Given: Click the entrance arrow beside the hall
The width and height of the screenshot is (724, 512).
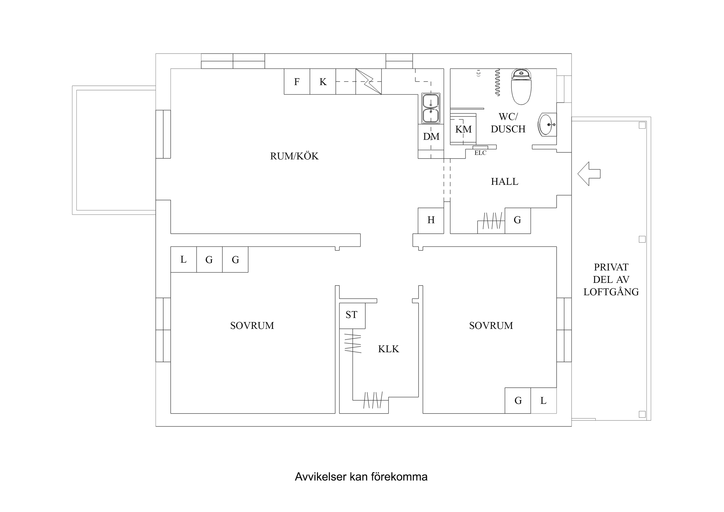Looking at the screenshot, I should (x=588, y=174).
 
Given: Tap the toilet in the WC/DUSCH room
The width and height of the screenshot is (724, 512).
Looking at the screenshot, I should (x=521, y=88).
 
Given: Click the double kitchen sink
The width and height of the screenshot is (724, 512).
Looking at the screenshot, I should (x=431, y=108).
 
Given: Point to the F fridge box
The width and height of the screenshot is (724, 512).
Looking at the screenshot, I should (x=297, y=81).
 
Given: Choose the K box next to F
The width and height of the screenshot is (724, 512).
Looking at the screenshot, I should (x=322, y=81).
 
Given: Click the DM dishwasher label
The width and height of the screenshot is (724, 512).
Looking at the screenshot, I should (x=431, y=136).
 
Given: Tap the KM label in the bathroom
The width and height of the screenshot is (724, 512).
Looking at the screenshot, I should (x=463, y=129).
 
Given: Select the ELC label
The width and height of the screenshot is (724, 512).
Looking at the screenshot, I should (x=480, y=153).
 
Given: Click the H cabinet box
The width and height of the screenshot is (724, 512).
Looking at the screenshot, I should (x=431, y=221).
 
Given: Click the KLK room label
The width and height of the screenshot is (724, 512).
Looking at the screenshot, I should (x=388, y=349).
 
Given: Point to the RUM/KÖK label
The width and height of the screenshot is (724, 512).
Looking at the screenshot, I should (x=294, y=156).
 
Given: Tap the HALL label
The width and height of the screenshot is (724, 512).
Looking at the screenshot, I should (x=504, y=182).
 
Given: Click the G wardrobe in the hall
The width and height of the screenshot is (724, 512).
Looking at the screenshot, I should (x=517, y=221).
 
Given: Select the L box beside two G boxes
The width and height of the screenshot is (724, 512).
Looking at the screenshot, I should (x=183, y=260).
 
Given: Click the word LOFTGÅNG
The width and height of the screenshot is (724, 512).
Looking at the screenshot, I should (x=611, y=292).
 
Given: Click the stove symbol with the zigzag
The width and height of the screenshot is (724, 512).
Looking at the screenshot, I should (x=368, y=81).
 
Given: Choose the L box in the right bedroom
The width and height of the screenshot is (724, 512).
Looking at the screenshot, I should (x=543, y=401).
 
